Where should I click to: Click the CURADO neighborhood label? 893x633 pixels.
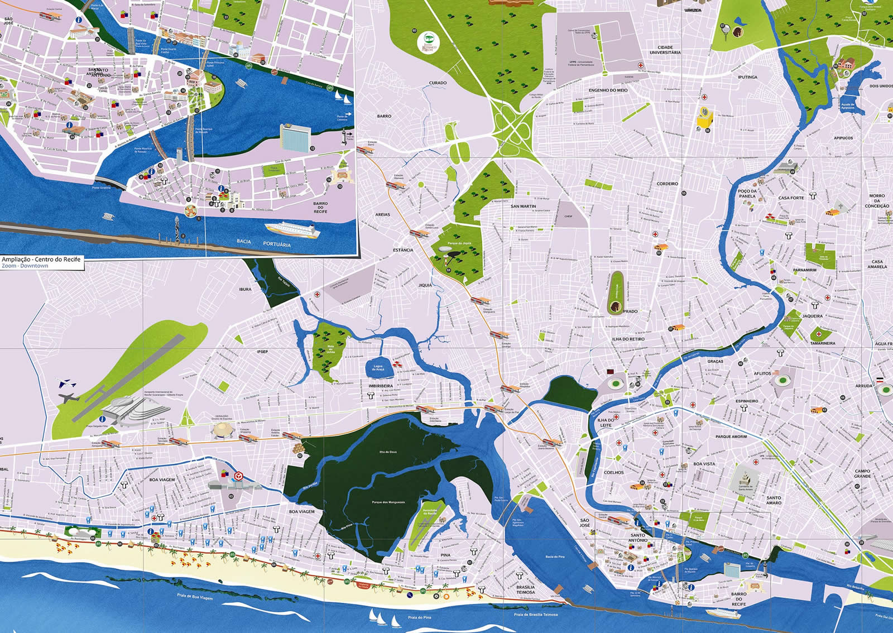(x=438, y=83)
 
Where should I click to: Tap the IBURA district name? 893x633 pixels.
(x=245, y=289)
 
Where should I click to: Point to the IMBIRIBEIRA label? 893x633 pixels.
(x=381, y=386)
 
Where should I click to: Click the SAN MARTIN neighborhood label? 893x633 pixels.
(x=523, y=206)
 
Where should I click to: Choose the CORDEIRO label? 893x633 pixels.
(x=667, y=184)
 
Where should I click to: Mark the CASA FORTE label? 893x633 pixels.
(x=791, y=198)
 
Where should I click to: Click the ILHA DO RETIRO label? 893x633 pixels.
(x=628, y=339)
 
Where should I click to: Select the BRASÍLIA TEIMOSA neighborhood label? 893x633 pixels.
(x=525, y=589)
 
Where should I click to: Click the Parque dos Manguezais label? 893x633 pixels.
(x=388, y=502)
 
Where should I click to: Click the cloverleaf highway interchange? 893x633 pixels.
(x=515, y=125)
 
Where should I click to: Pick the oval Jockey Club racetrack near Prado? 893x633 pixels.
(x=616, y=290)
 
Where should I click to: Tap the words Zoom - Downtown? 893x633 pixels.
(x=25, y=266)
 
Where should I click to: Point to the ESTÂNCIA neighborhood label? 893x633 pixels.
(x=402, y=250)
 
